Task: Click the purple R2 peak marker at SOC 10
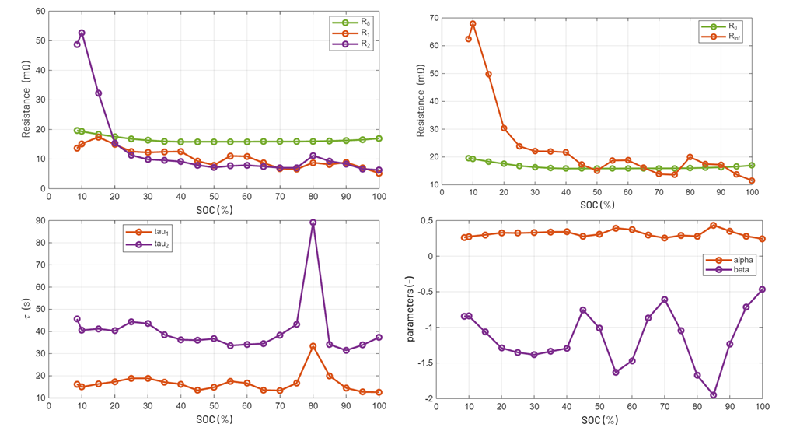point(82,33)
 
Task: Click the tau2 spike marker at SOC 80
point(313,223)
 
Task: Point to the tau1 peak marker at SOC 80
point(313,346)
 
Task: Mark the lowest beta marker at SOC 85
point(713,394)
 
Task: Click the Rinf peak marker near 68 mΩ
point(473,23)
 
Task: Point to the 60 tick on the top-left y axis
point(40,12)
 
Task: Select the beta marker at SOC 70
point(665,300)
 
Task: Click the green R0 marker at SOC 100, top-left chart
point(379,138)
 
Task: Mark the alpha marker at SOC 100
point(763,239)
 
